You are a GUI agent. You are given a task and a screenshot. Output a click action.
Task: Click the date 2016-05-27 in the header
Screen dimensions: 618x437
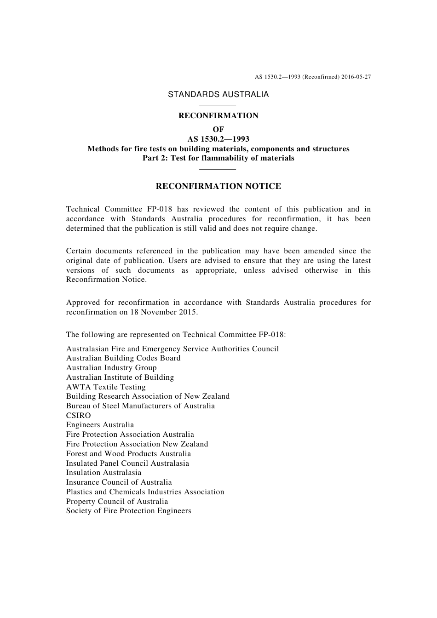click(356, 77)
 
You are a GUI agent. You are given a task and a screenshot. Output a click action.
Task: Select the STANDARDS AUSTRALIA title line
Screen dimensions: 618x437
click(218, 94)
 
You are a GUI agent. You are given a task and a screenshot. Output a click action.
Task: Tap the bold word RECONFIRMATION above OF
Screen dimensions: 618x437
click(218, 116)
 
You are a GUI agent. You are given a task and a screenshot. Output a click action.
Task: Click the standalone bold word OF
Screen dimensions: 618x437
click(218, 130)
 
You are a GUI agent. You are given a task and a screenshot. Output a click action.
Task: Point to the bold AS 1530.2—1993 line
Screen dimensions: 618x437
click(218, 139)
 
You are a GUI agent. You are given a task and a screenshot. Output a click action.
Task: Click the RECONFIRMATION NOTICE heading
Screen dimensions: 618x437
click(218, 186)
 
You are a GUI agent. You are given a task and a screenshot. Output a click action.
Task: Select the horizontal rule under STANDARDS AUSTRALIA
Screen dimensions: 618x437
click(218, 106)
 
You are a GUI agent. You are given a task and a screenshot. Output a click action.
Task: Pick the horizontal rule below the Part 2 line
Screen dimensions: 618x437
click(218, 169)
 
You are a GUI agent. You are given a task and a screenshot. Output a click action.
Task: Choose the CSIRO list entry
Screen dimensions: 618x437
click(79, 416)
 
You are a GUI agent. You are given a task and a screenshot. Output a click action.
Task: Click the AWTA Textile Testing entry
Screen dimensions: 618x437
click(106, 387)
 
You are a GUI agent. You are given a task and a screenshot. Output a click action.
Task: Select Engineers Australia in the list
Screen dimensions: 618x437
click(100, 425)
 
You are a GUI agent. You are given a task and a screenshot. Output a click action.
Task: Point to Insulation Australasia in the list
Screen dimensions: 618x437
click(103, 473)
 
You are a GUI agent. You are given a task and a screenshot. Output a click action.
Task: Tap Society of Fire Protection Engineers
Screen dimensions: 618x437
click(128, 511)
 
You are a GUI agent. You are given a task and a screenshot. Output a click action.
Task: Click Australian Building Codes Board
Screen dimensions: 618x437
click(123, 358)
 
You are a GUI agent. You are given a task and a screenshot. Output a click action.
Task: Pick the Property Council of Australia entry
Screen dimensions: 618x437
click(117, 502)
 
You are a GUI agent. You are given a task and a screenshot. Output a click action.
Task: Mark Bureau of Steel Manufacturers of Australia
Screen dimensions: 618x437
click(140, 406)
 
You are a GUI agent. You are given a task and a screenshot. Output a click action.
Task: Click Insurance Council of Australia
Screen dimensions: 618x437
click(119, 482)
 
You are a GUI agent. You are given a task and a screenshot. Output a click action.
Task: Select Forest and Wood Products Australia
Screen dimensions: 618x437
click(128, 454)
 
